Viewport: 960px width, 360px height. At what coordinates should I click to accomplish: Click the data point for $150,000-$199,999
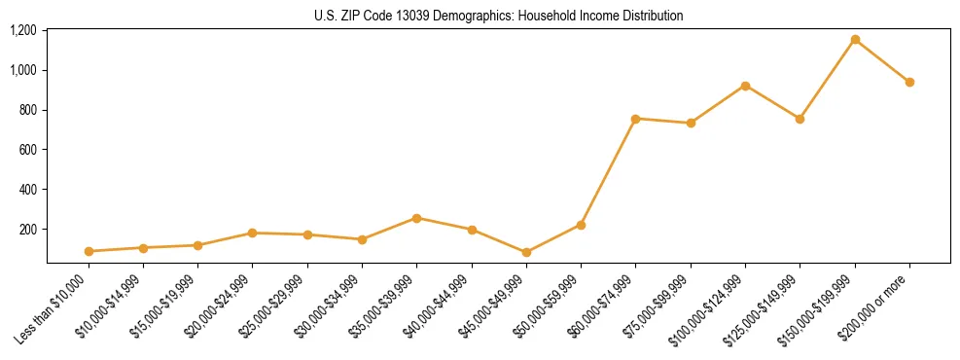855,40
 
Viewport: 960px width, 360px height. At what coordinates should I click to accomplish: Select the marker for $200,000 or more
909,82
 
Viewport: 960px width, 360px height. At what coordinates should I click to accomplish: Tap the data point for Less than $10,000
89,251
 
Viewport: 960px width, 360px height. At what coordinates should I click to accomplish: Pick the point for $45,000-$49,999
526,252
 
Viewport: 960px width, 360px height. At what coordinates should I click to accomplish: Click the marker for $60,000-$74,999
635,119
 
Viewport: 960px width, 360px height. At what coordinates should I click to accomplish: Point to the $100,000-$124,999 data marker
745,86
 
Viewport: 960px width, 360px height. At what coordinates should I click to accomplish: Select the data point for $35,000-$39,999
416,218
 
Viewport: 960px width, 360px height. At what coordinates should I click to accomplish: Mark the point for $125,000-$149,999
800,119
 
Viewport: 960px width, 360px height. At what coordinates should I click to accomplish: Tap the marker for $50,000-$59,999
581,225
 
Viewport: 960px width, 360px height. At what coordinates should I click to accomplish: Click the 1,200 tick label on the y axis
22,30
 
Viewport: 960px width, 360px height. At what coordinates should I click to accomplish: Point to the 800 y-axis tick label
27,110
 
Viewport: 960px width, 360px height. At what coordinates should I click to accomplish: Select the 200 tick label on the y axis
27,230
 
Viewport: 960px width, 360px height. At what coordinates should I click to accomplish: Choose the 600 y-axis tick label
27,150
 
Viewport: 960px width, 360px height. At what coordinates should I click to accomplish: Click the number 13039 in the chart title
419,16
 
